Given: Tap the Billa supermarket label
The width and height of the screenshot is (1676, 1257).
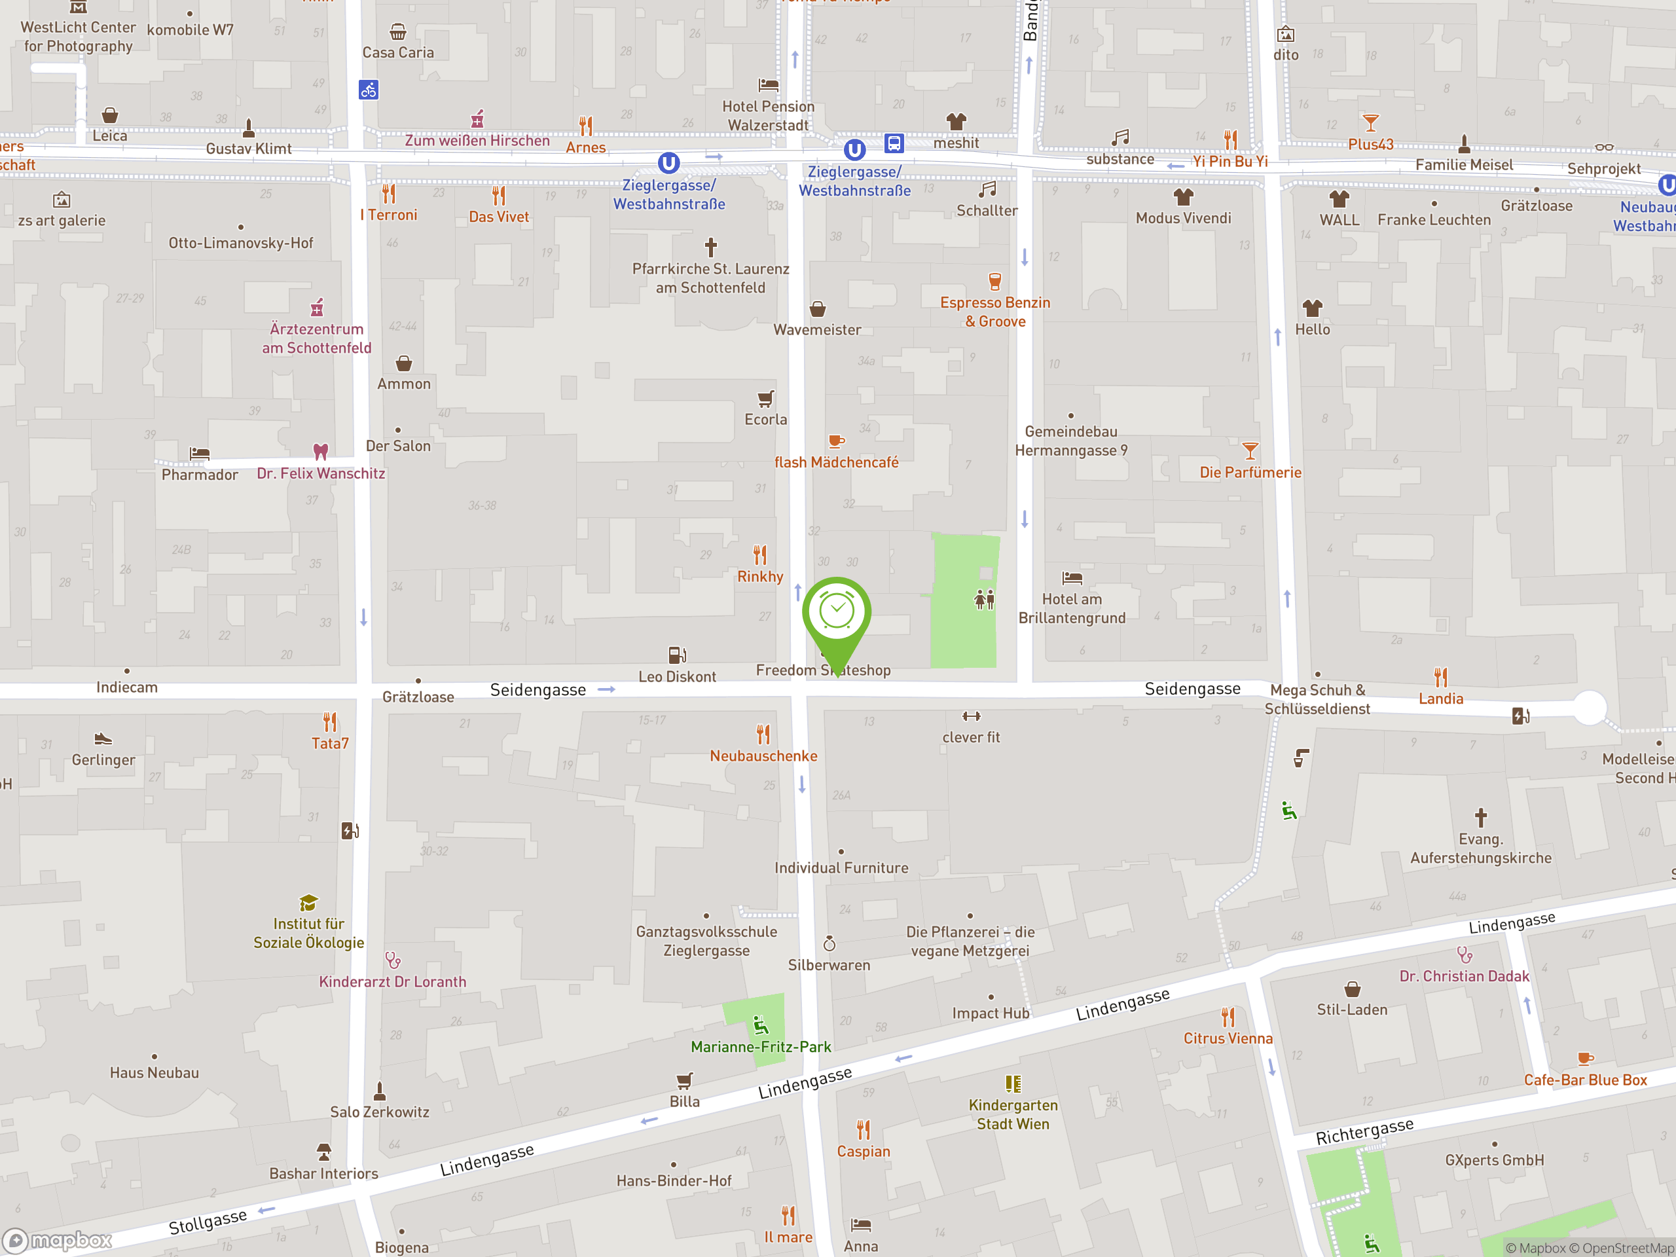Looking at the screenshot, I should [684, 1101].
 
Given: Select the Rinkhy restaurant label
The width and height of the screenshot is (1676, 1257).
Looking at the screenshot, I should [760, 577].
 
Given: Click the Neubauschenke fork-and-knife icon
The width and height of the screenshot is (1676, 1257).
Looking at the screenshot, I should [763, 734].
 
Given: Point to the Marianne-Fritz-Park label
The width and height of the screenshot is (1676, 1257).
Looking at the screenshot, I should [761, 1046].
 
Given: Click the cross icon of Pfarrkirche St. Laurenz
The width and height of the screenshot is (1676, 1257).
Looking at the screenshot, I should [711, 247].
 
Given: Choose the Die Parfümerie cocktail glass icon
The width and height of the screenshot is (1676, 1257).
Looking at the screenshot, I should [1250, 451].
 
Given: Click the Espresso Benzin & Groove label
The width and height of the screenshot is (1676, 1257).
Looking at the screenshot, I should [995, 312].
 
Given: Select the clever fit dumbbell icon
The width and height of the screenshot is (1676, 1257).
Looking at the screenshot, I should [972, 716].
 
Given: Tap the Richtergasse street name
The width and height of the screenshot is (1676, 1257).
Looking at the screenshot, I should [1364, 1131].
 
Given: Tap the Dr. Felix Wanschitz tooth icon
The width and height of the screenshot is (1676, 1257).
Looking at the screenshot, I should [321, 452].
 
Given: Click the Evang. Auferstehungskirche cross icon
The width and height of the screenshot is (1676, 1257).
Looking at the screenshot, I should [1480, 818].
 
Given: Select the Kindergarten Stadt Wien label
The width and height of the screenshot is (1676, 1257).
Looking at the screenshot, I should [1013, 1114].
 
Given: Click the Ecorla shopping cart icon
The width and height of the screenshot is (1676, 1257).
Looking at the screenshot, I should [766, 399].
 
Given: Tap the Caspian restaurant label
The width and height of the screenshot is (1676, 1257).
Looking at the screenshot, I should [863, 1151].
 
